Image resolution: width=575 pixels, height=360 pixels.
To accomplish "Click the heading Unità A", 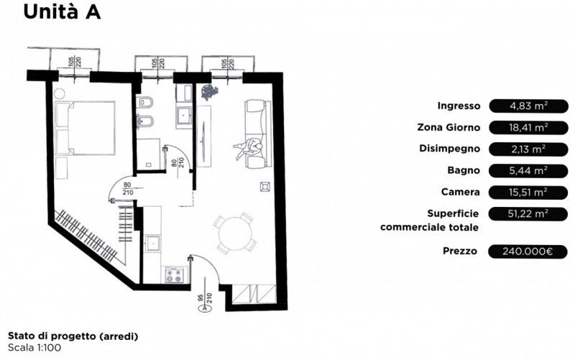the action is [62, 11].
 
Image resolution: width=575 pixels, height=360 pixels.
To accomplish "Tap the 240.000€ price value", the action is [528, 251].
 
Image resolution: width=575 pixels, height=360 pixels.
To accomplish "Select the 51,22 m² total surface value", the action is [528, 213].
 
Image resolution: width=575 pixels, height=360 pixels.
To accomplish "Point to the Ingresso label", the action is [459, 106].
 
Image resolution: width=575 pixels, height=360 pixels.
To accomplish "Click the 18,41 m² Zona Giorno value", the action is [528, 128].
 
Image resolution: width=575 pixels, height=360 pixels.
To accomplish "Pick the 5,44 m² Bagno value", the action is [528, 170].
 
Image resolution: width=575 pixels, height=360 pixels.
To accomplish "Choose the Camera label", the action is [460, 192].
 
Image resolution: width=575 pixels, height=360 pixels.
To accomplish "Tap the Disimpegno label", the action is [450, 149].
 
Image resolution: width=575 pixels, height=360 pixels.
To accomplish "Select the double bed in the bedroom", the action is [85, 128].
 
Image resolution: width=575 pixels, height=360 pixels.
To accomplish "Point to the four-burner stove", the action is [174, 275].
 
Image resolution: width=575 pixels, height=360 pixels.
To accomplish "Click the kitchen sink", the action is [152, 243].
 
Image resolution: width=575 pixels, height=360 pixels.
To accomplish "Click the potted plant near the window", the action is [209, 92].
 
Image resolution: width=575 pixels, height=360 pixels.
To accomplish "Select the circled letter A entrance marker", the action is [205, 308].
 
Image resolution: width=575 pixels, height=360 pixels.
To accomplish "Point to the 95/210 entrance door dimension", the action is [205, 297].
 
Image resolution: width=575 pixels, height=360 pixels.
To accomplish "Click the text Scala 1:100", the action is [34, 348].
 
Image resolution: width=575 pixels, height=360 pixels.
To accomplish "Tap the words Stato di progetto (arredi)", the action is [73, 336].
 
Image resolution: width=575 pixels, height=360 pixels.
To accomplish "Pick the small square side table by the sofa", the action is [265, 186].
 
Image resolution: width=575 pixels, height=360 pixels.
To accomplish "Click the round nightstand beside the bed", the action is [59, 93].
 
